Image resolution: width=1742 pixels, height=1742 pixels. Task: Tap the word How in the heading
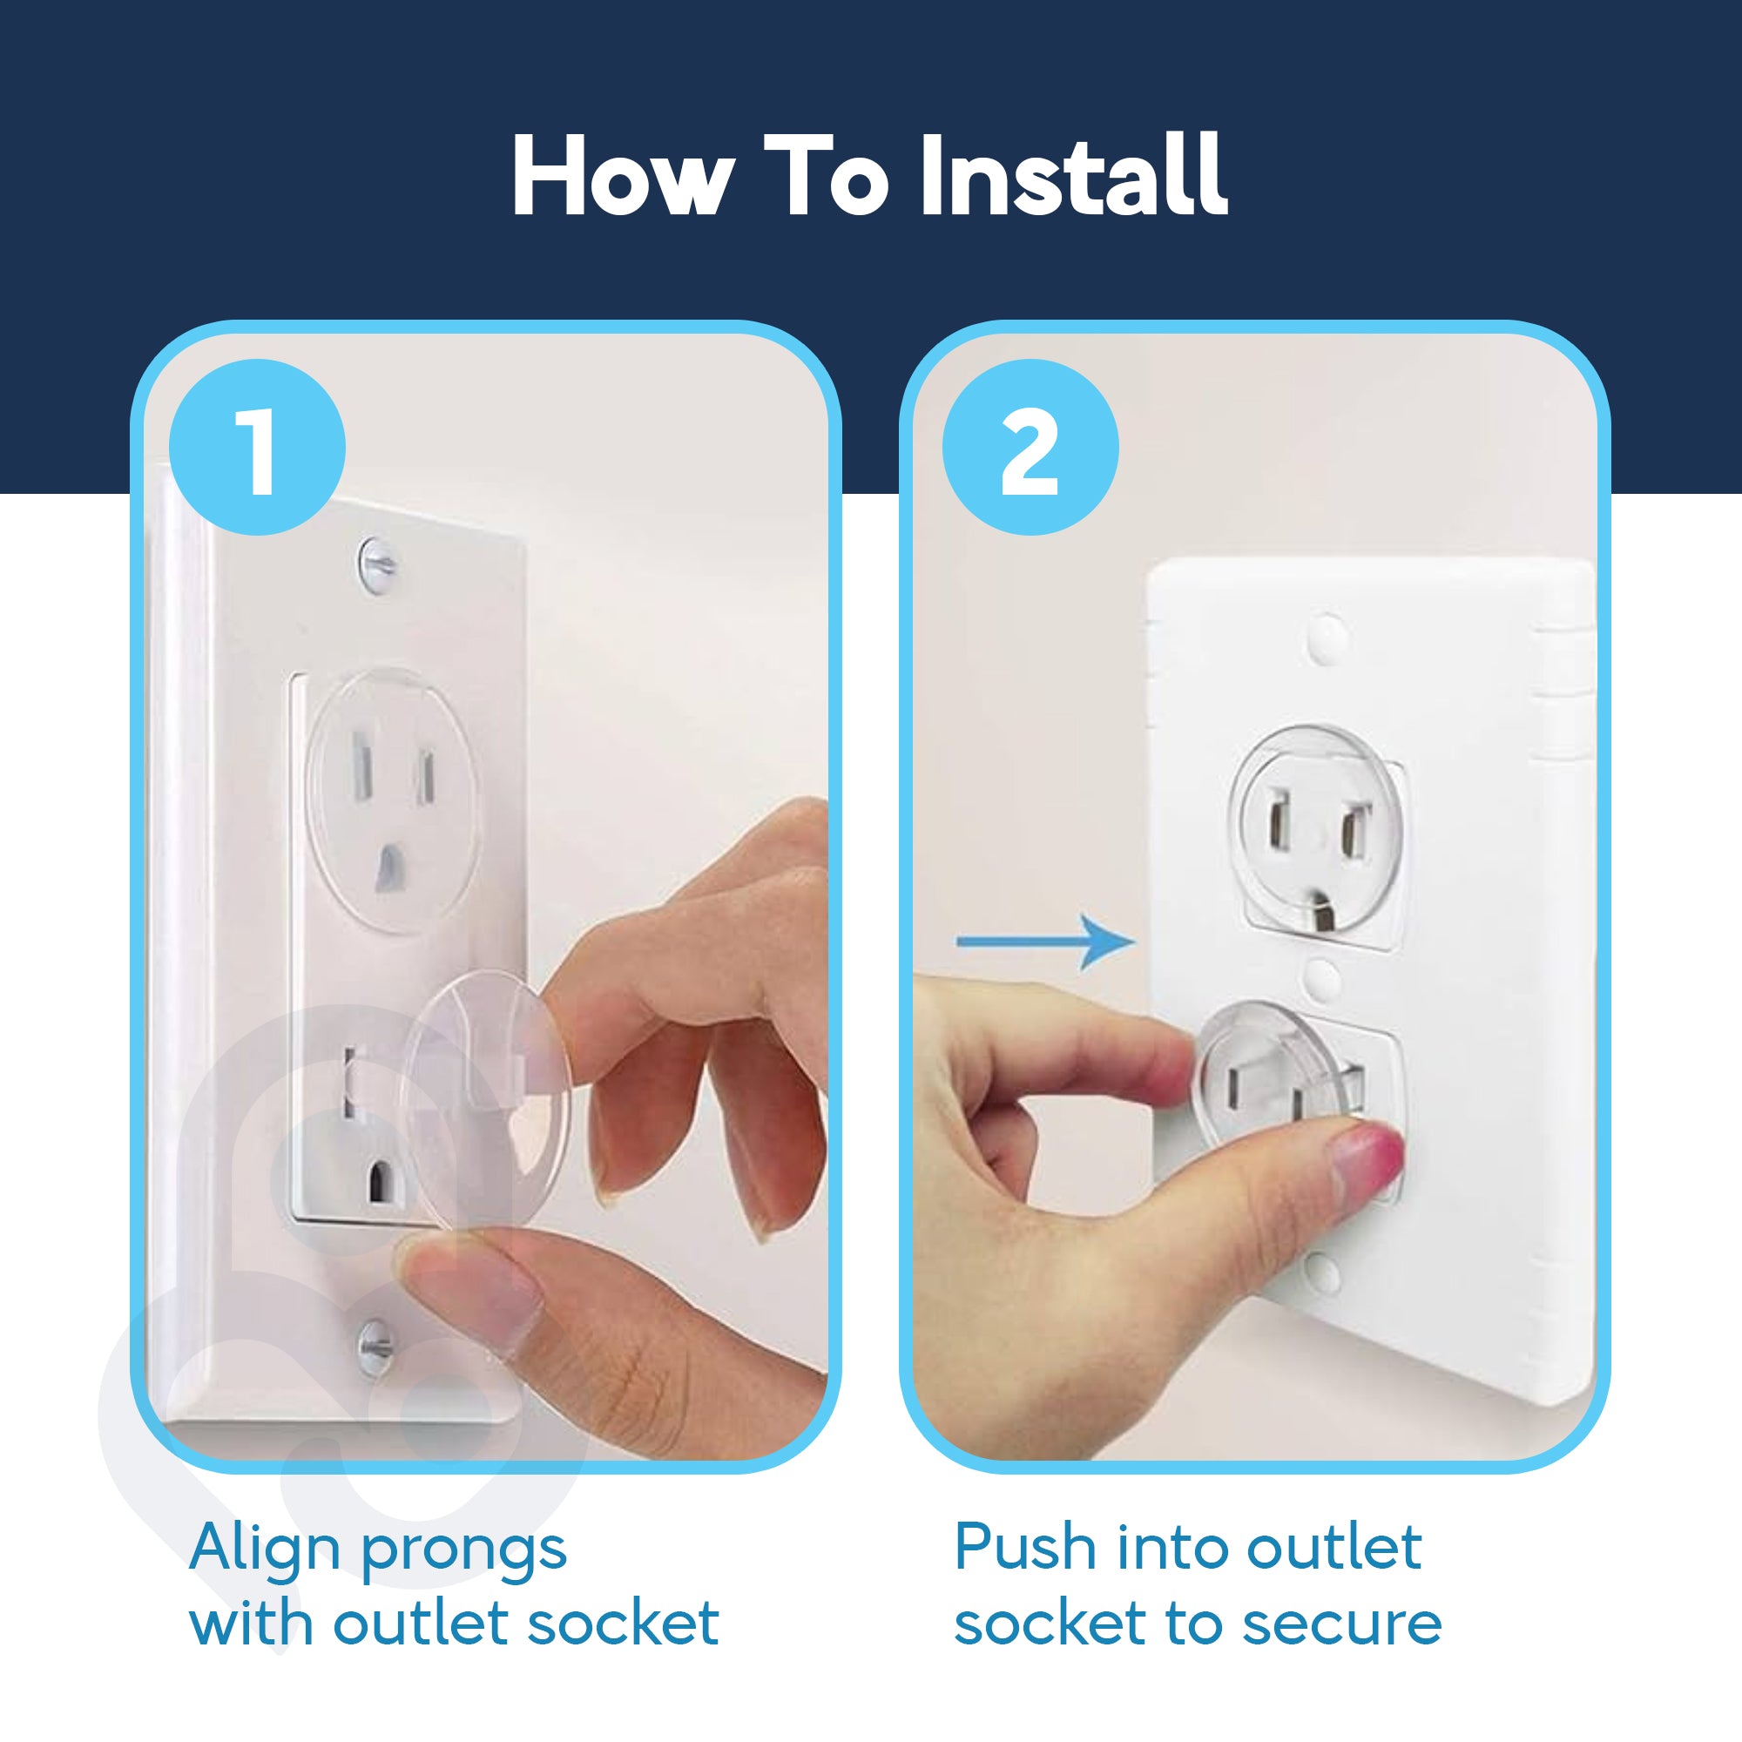point(622,176)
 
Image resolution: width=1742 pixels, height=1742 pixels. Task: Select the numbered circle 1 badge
point(258,448)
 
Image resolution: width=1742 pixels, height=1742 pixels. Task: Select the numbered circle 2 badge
point(1030,448)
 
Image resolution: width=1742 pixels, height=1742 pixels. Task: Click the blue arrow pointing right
point(1046,942)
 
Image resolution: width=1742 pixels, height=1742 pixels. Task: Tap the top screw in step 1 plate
point(378,564)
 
